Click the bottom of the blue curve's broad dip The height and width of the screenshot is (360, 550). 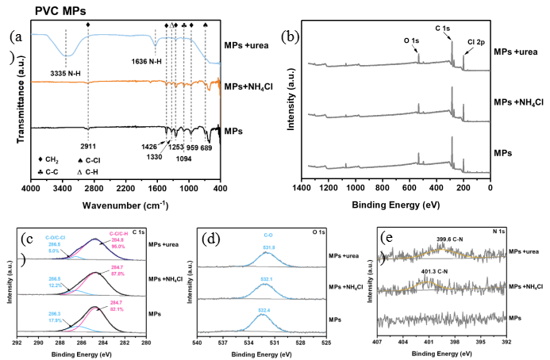(x=67, y=56)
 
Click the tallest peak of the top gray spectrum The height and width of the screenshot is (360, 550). (x=452, y=43)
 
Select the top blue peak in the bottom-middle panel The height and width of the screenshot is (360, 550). (x=268, y=255)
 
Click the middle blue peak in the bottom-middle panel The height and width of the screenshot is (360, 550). (x=267, y=287)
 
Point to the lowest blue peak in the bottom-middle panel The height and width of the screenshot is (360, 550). (x=265, y=319)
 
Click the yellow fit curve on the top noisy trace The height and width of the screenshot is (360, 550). (x=441, y=251)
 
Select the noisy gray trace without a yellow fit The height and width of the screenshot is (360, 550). (x=441, y=319)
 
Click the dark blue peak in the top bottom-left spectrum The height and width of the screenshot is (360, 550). (x=95, y=239)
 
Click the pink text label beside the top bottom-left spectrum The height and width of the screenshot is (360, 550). (x=118, y=240)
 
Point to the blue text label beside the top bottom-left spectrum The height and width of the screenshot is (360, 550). (x=55, y=243)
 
